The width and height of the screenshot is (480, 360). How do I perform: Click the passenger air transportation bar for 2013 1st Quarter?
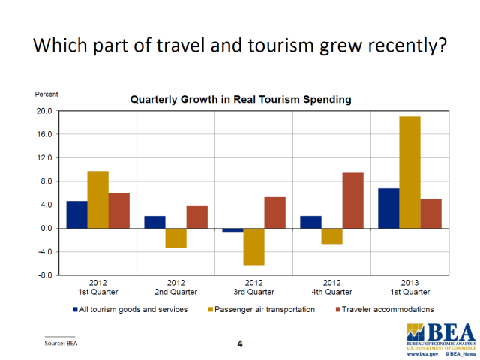pos(409,172)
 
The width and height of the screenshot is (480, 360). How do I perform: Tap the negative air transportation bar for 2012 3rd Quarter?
pos(253,247)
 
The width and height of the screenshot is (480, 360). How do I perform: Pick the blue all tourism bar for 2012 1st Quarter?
pos(76,214)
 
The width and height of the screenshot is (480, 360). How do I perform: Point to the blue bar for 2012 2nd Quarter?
pos(154,222)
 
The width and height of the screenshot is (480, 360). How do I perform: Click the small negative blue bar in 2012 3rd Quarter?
pos(232,230)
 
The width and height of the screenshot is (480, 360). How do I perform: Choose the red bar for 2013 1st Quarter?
pos(430,214)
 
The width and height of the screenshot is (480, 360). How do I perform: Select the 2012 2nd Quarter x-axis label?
pos(175,288)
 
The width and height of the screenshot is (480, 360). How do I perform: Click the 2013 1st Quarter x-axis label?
pos(409,288)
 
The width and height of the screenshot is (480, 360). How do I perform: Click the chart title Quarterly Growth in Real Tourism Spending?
pos(240,99)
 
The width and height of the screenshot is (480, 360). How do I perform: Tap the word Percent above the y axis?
pos(46,94)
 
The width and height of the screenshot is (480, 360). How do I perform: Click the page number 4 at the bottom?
pos(240,343)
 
